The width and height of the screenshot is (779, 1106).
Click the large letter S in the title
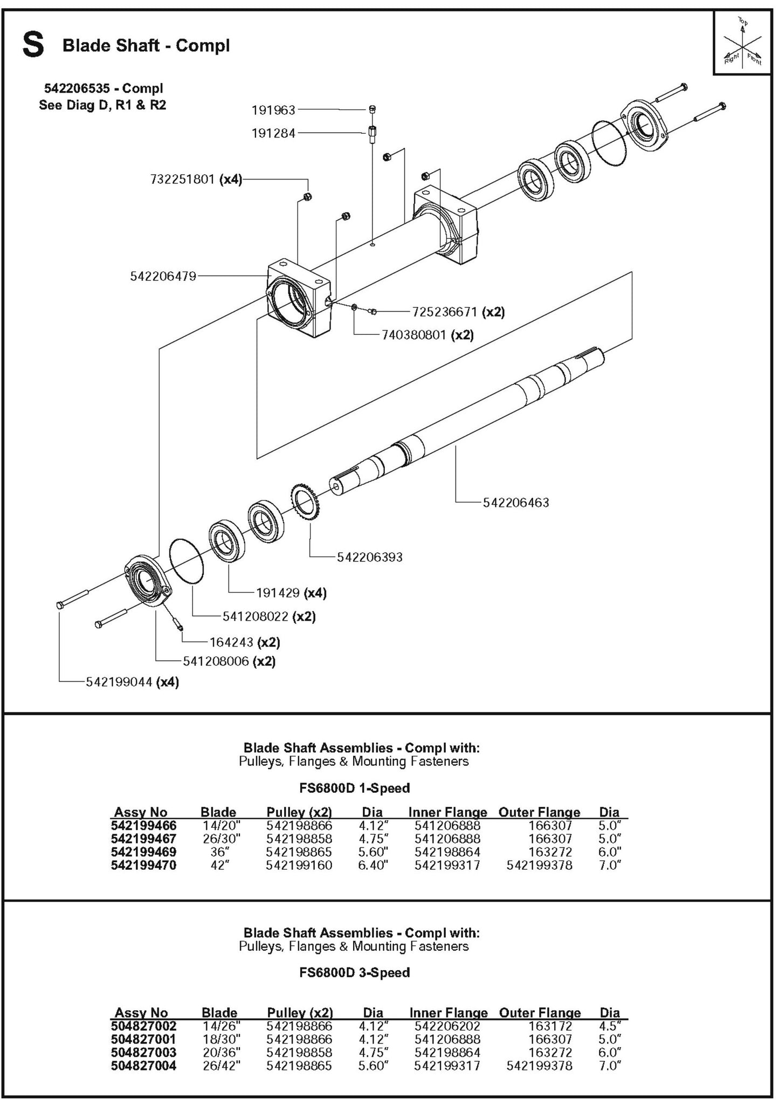coord(33,45)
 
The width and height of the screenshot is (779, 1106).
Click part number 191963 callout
coord(273,110)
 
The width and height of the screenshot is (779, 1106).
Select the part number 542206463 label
coord(515,503)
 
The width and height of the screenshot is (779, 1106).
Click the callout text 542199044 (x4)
coord(132,682)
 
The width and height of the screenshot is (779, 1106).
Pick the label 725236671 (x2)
coord(458,312)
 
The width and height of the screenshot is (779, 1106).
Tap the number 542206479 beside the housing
coord(163,277)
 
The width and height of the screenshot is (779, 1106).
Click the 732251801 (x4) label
coord(196,180)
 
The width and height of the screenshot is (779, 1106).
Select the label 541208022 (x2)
coord(269,616)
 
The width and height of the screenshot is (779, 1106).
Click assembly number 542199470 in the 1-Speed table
coord(143,865)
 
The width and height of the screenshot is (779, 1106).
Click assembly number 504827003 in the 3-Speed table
coord(143,1052)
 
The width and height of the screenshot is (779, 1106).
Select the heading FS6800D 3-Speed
coord(354,972)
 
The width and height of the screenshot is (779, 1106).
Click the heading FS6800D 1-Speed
coord(354,788)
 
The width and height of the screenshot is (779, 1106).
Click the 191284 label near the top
coord(273,133)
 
